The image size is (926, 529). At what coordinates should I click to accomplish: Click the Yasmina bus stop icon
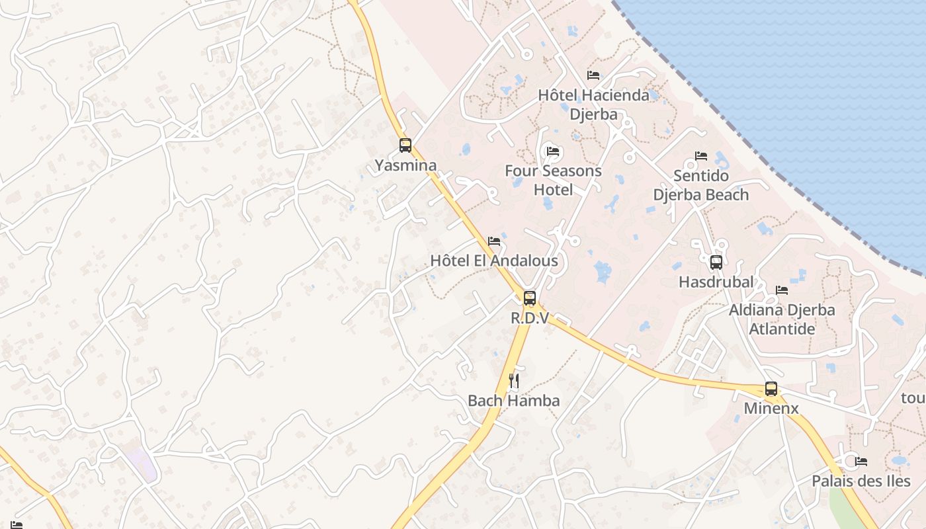coord(405,145)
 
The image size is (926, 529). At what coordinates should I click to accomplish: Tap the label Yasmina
coord(405,165)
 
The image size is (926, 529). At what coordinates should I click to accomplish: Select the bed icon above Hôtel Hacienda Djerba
coord(593,75)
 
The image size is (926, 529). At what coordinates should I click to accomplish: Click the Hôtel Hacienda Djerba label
coord(593,104)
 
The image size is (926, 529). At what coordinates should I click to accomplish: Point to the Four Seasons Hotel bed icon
coord(553,151)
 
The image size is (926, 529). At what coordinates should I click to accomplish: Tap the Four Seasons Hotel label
coord(553,180)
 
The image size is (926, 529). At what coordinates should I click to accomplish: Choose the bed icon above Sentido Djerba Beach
coord(701,156)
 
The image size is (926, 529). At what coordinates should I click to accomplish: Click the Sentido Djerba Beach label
coord(701,185)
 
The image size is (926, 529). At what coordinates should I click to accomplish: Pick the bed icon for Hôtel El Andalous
coord(494,241)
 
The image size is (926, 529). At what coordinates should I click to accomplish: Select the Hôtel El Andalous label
coord(494,261)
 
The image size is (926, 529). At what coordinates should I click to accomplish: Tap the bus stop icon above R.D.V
coord(530,298)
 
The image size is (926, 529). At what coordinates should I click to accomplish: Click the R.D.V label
coord(530,318)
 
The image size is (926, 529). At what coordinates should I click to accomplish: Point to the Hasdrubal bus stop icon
coord(716,263)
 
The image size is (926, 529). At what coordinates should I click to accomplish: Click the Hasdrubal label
coord(716,282)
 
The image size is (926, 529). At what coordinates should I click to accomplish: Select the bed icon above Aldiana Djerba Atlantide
coord(782,290)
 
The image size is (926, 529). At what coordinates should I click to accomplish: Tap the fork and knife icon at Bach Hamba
coord(513,381)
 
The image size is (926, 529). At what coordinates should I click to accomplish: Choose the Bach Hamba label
coord(513,400)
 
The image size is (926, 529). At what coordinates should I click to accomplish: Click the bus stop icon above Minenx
coord(771,389)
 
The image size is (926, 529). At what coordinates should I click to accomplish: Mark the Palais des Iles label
coord(861,481)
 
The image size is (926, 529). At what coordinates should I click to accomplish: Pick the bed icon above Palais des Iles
coord(861,462)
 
